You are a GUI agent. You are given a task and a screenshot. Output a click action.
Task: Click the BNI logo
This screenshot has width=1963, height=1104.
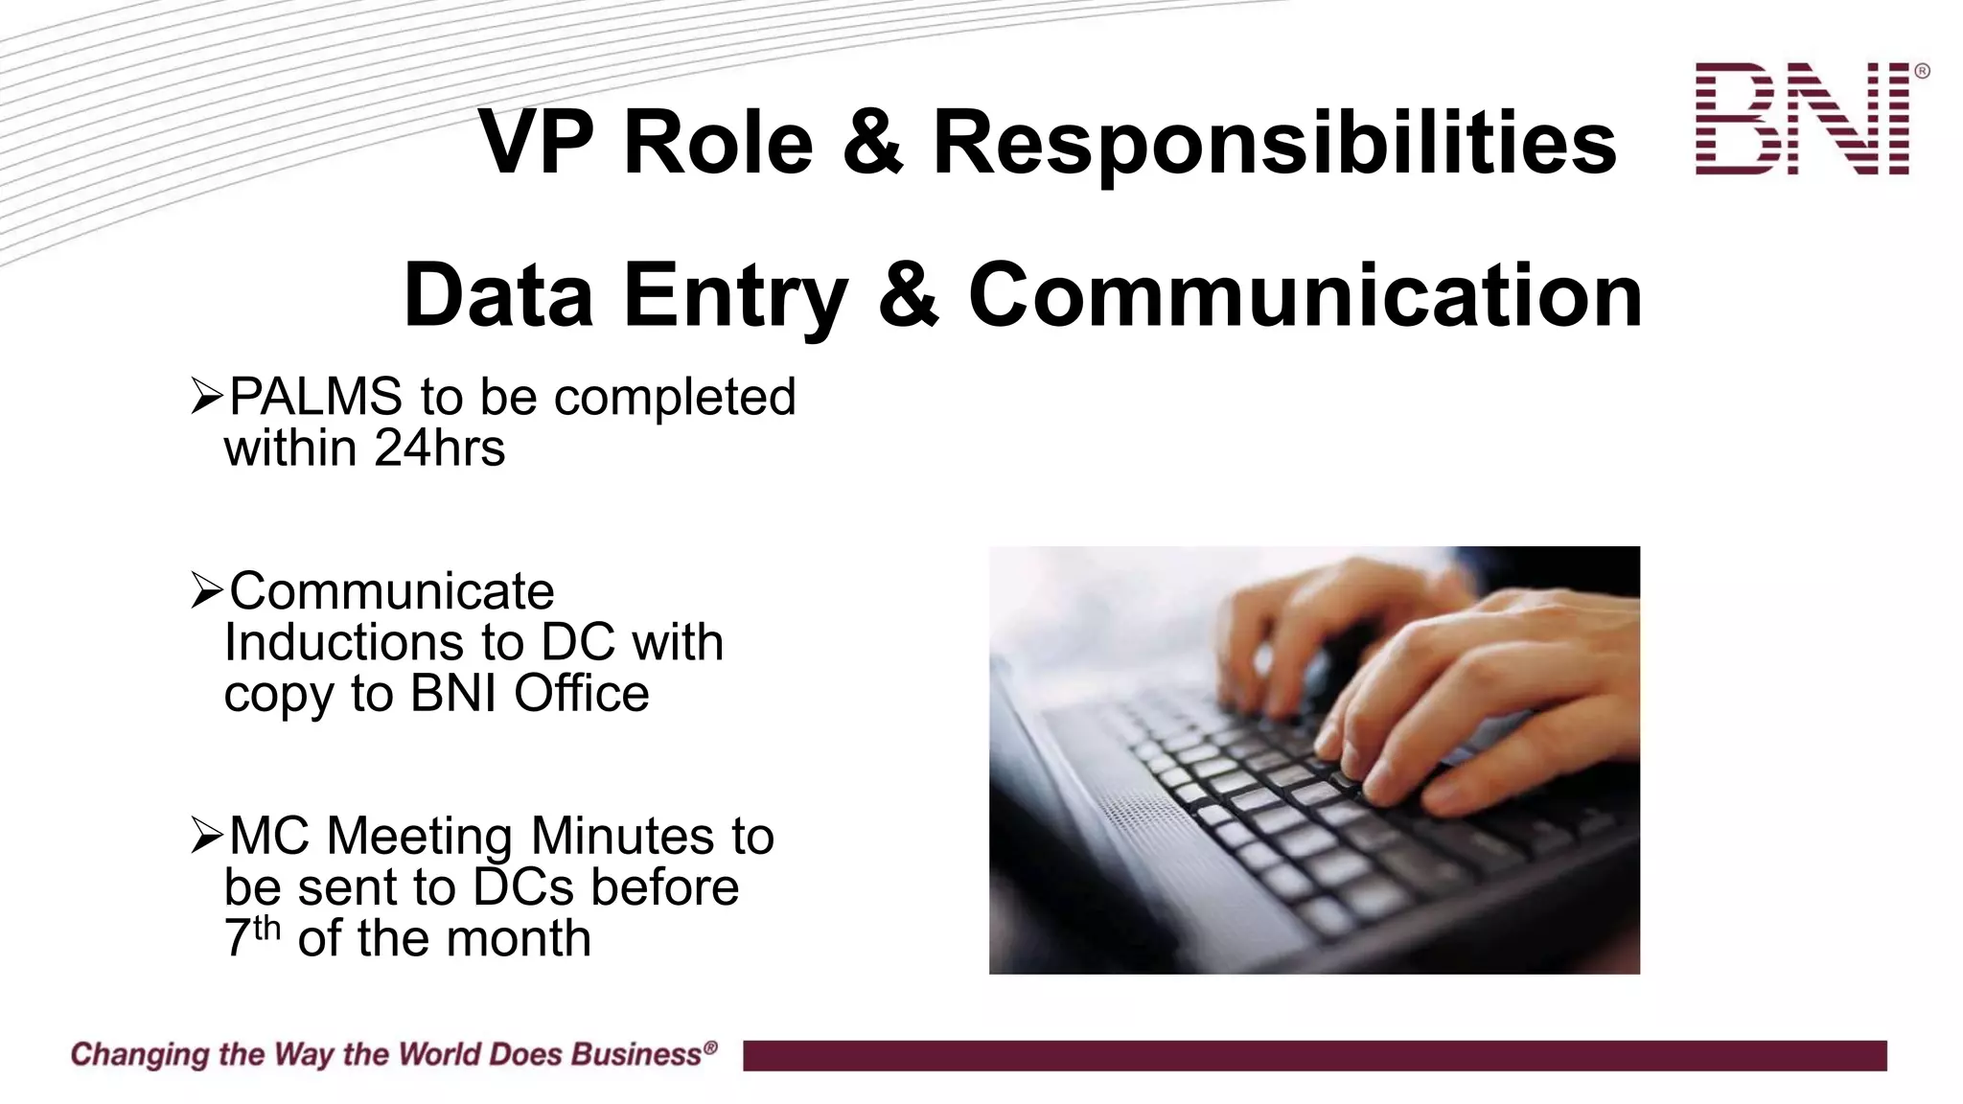point(1802,119)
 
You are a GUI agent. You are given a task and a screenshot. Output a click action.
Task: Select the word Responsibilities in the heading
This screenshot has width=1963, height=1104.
point(1274,144)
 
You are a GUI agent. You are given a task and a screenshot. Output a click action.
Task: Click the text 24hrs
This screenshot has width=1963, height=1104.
point(439,448)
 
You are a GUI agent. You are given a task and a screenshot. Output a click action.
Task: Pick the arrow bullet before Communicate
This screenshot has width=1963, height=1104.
point(206,590)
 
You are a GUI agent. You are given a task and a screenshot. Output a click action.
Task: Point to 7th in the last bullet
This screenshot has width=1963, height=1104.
point(251,936)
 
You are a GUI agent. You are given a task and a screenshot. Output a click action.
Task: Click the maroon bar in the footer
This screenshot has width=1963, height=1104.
point(1313,1055)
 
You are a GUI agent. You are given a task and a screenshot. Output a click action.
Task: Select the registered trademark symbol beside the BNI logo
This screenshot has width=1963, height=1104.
point(1921,71)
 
